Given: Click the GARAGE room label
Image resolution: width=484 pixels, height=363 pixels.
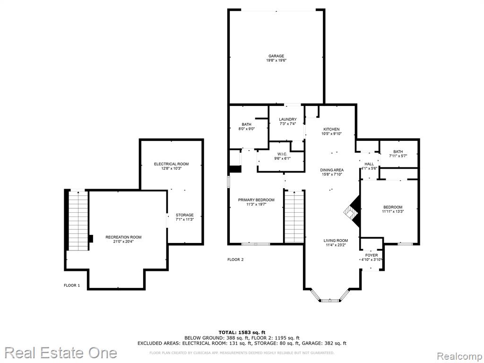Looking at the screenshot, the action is point(276,56).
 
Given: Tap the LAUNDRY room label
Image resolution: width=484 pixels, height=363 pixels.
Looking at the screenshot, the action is point(288,120).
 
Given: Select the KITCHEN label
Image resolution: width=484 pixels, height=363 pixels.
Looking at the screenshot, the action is point(331,130).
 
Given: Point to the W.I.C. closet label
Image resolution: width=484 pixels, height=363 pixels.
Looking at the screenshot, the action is point(282,154).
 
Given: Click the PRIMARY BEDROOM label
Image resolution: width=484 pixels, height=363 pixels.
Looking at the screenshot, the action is point(256,200).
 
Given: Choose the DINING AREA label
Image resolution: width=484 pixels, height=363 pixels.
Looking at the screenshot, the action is point(332,170).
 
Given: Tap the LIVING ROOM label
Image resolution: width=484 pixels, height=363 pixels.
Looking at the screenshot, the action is point(336,241).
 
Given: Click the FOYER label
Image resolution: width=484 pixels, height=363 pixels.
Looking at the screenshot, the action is point(372,255).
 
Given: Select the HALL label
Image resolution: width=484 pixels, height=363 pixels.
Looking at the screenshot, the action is point(369,164).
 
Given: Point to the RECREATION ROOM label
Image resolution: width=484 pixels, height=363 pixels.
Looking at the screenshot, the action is point(123,237).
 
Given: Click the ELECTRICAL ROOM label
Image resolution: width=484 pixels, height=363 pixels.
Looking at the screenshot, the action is point(171,164).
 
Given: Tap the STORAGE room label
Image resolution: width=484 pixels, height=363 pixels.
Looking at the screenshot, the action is point(185,215).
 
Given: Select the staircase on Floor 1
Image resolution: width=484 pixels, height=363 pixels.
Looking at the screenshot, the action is point(78,221).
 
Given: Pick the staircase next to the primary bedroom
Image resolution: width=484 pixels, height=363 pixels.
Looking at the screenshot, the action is point(294,216).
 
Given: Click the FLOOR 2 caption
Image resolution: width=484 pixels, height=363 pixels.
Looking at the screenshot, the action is point(235,259).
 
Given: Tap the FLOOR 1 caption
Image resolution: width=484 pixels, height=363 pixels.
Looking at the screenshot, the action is point(72,285).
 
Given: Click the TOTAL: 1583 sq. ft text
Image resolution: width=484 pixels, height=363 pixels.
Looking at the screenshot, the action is point(242,332).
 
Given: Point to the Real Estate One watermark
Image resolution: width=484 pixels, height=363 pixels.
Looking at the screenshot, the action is point(61,353).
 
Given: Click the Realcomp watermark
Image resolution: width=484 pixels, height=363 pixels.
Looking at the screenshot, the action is point(459,356).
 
